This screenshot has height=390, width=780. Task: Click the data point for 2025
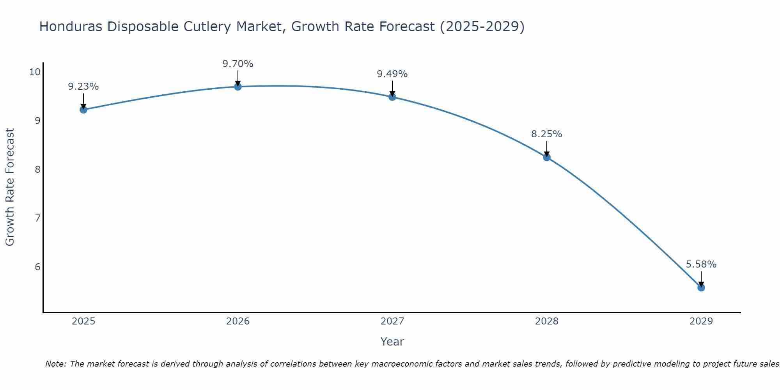[x=83, y=110]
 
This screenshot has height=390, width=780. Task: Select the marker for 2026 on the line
[x=238, y=87]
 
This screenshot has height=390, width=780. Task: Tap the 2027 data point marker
[x=392, y=97]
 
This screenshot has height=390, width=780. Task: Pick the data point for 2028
[x=547, y=157]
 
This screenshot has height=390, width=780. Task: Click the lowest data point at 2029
[x=701, y=287]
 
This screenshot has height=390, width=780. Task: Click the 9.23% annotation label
[x=83, y=87]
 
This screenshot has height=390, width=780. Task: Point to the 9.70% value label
[x=238, y=64]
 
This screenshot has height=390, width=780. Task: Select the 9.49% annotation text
[x=392, y=74]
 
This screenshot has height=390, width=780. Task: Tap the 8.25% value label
[x=547, y=134]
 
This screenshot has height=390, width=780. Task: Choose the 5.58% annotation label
[x=701, y=264]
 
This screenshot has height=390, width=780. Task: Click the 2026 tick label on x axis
[x=238, y=321]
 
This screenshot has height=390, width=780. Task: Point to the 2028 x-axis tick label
[x=547, y=321]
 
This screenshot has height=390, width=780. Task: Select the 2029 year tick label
[x=701, y=321]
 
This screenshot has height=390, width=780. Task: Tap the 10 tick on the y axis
[x=35, y=72]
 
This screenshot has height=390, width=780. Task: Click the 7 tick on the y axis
[x=37, y=218]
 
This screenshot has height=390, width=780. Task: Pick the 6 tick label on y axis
[x=37, y=267]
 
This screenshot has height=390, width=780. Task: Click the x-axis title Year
[x=392, y=342]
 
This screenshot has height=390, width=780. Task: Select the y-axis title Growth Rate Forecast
[x=10, y=187]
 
